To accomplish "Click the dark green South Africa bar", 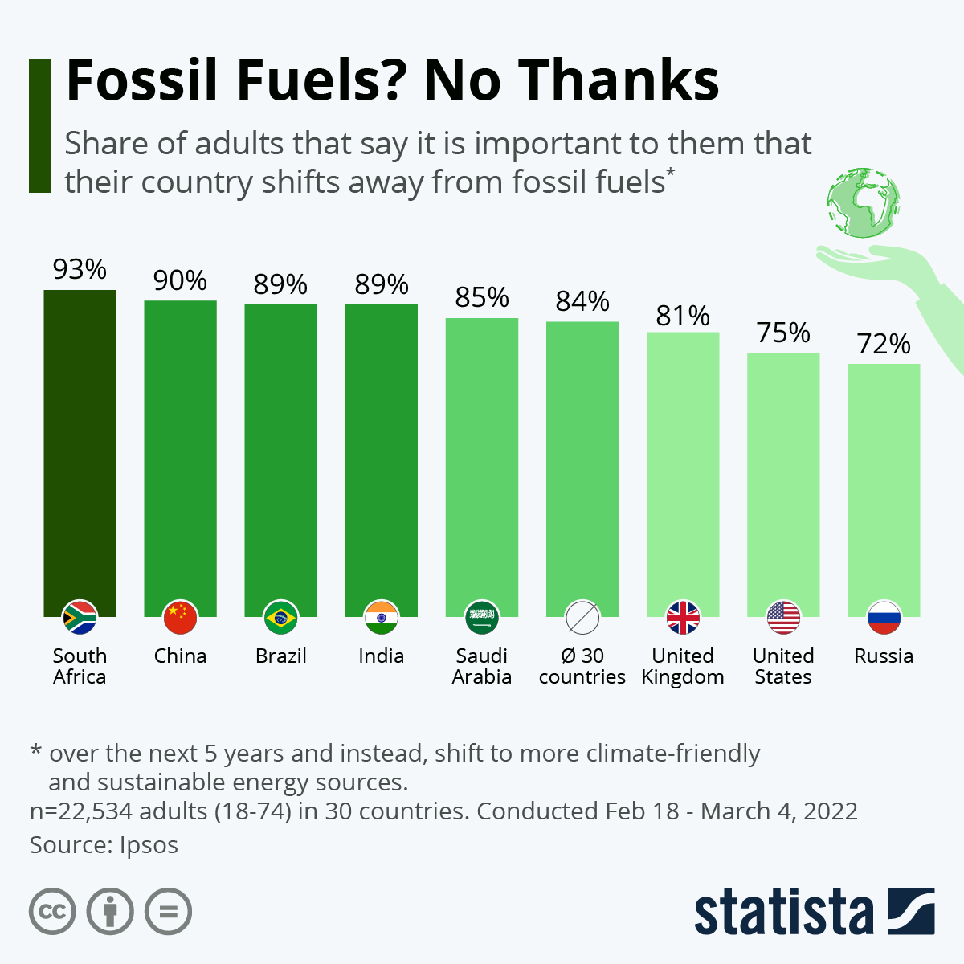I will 80,450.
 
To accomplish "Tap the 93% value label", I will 80,270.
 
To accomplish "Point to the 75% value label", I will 783,333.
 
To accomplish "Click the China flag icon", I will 180,617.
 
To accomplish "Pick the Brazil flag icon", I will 280,617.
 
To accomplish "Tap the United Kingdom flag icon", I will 683,617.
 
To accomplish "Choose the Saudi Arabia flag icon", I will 482,617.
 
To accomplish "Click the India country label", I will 381,656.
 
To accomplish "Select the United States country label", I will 783,667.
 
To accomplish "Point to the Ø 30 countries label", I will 582,667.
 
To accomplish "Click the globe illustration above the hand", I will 864,202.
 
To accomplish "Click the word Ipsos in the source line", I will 149,845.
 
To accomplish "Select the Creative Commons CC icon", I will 52,912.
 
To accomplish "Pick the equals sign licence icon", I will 168,912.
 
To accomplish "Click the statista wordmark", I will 783,912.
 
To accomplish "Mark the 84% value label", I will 582,301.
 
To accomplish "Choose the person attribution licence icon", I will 110,912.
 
